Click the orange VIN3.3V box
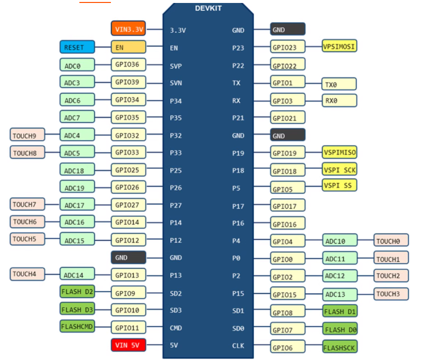[128, 29]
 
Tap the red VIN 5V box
[128, 345]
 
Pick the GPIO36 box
[128, 65]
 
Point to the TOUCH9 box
[27, 134]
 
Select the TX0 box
[339, 84]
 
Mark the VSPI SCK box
[339, 169]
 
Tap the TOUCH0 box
[391, 241]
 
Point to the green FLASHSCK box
[339, 347]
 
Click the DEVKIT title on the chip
[208, 8]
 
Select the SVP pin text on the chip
[176, 65]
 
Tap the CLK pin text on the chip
[238, 346]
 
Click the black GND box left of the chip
[128, 257]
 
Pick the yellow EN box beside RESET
[128, 47]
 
